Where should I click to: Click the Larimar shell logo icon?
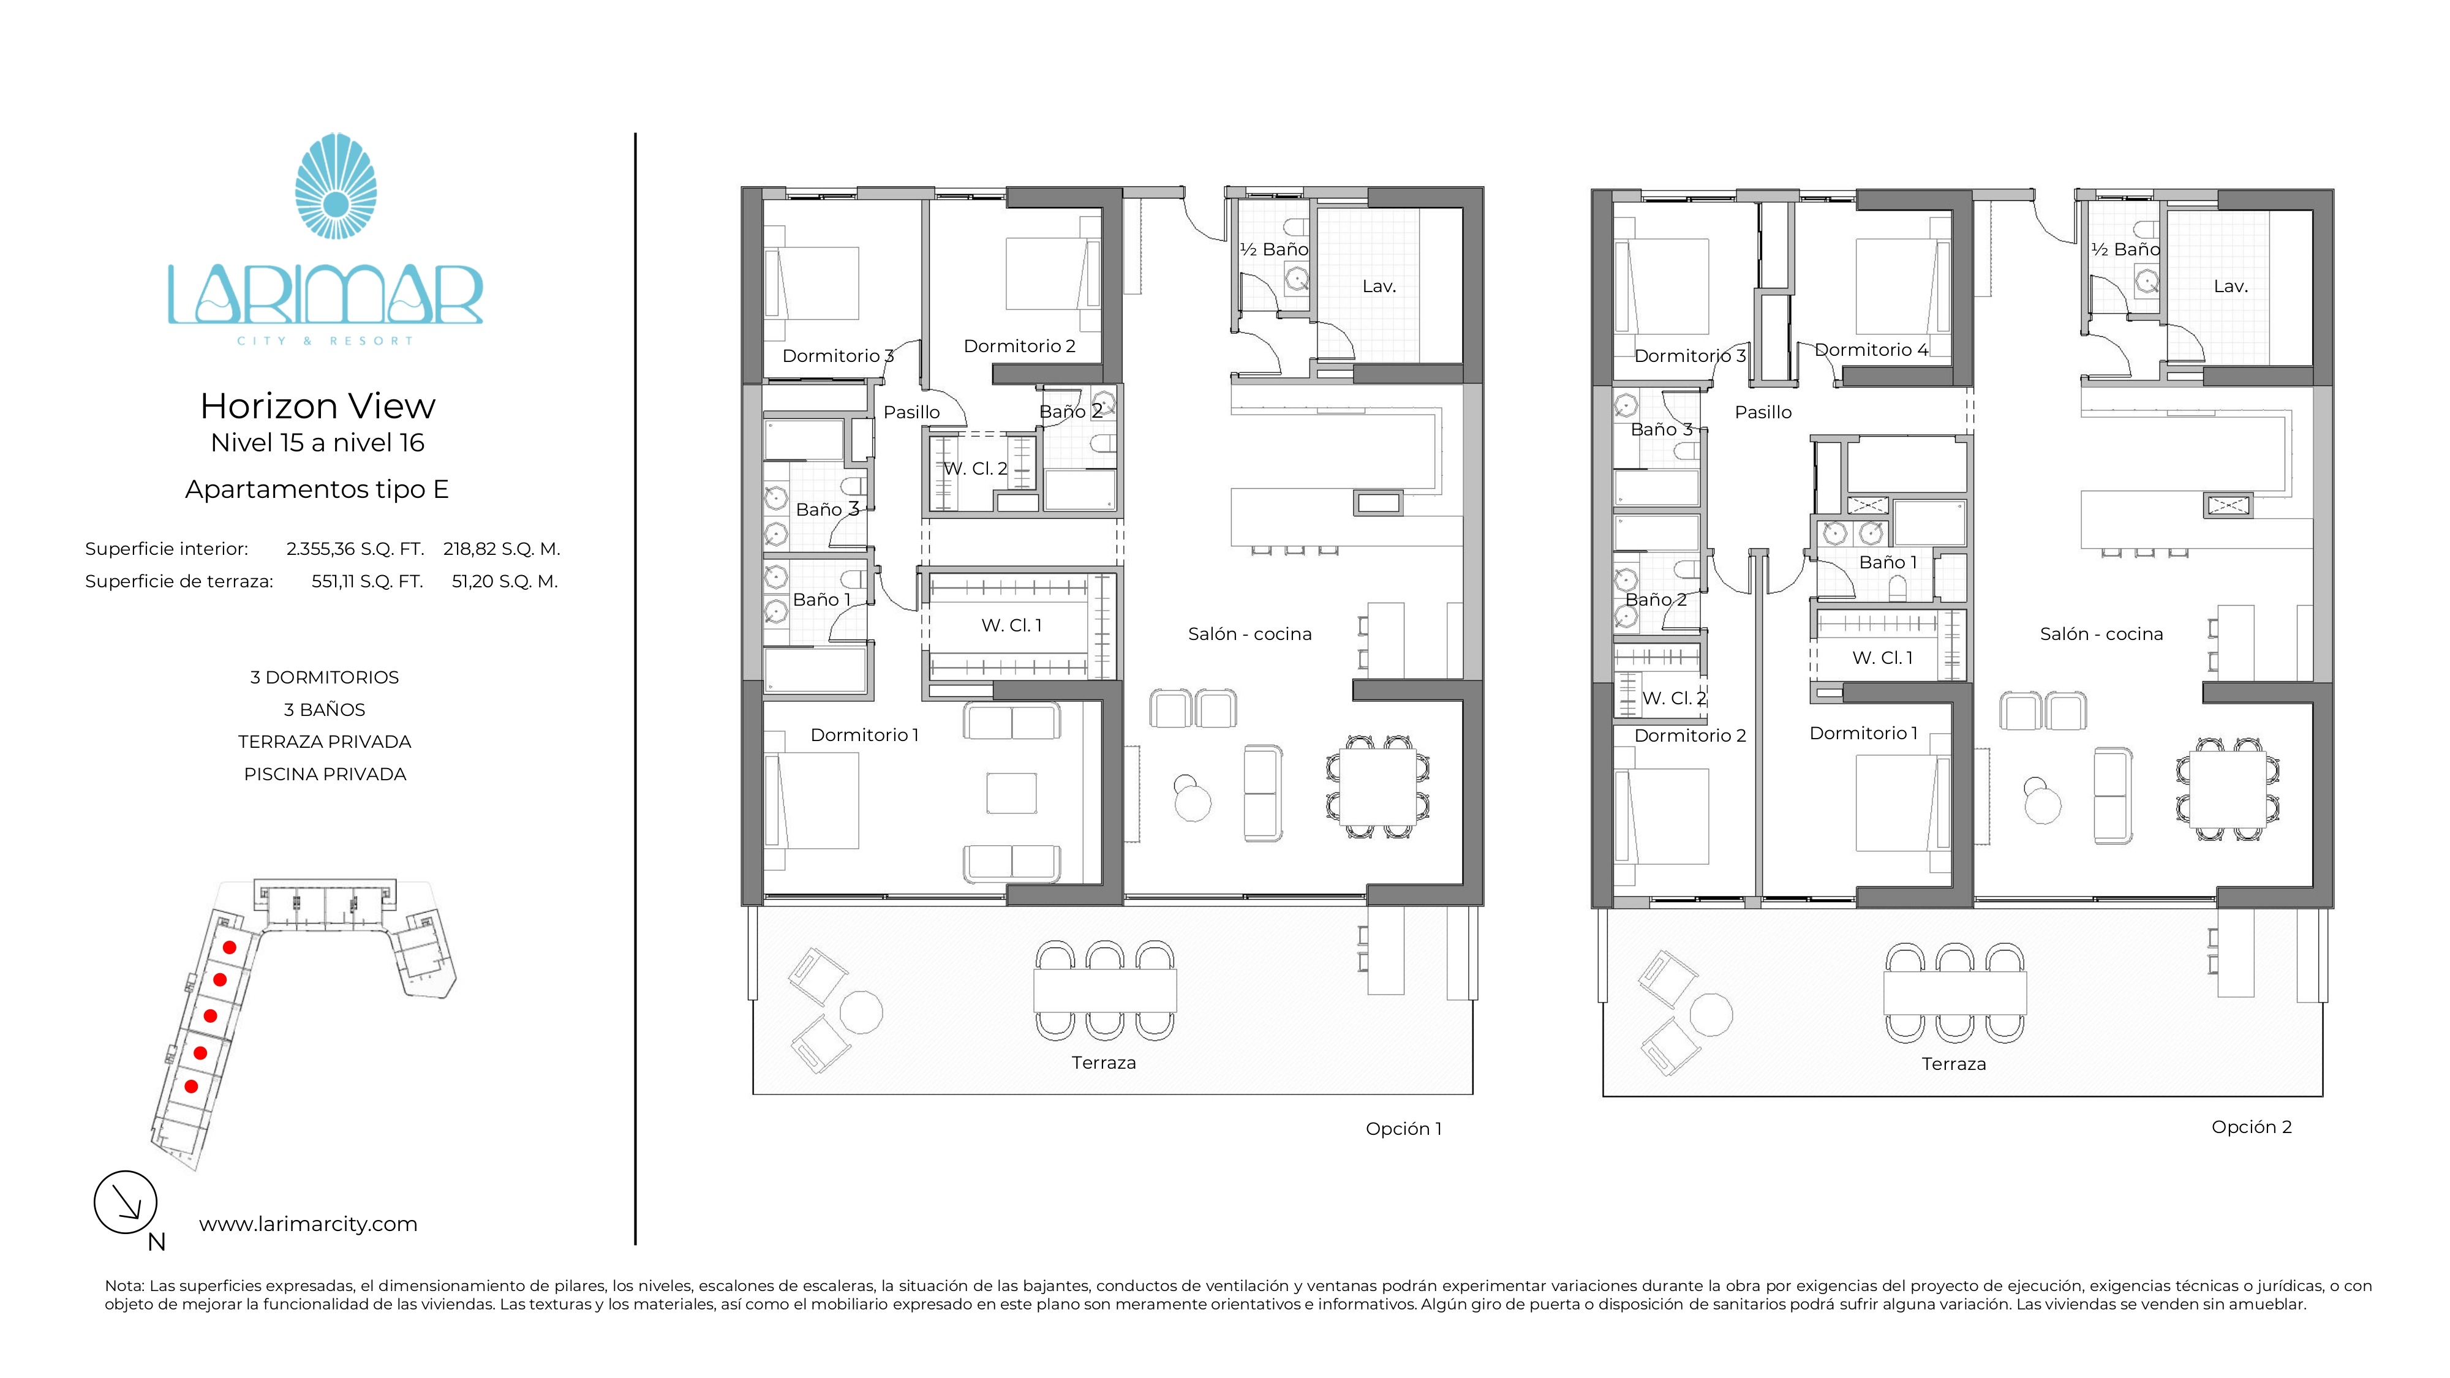point(336,186)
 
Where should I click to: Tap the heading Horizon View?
point(318,406)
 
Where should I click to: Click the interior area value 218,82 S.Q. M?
point(501,549)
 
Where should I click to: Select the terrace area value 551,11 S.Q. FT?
point(367,581)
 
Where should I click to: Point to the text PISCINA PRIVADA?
point(325,774)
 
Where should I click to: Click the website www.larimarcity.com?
point(308,1224)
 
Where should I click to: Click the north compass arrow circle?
point(126,1202)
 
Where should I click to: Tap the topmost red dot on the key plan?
point(229,947)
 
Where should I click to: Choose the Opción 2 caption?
point(2251,1127)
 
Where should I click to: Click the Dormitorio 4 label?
point(1871,350)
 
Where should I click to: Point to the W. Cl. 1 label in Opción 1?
point(1012,625)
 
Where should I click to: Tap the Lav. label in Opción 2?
point(2230,286)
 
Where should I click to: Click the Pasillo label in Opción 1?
point(911,412)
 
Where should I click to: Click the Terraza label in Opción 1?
point(1103,1062)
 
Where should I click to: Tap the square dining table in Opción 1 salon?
point(1377,788)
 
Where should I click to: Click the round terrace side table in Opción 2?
point(1711,1014)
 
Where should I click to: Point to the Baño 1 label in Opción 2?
point(1888,562)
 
